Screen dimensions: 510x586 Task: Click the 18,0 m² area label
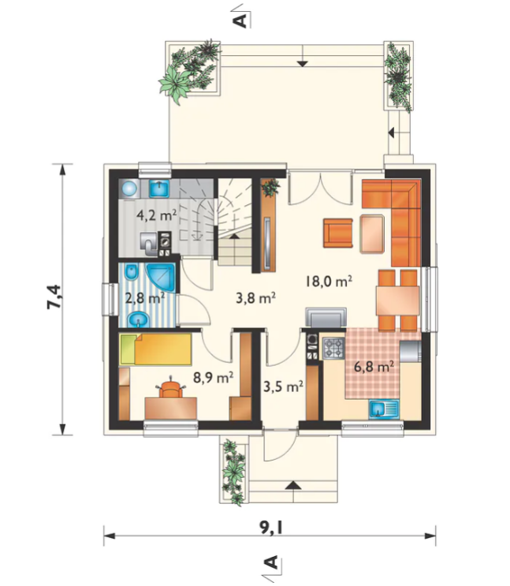(x=329, y=281)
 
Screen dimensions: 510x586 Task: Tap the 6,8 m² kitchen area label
(x=374, y=367)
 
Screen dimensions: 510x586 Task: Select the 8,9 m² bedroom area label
(x=214, y=378)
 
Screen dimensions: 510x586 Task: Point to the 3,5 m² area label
(x=283, y=386)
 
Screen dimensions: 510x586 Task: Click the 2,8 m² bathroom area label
(x=145, y=298)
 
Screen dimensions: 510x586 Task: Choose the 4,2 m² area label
(x=157, y=215)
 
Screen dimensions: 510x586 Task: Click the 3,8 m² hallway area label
(x=256, y=298)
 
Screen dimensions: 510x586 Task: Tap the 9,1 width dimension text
(x=271, y=528)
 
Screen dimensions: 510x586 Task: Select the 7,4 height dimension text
(x=54, y=297)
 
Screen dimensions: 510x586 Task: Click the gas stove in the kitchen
(x=333, y=349)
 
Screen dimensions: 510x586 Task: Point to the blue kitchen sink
(x=384, y=409)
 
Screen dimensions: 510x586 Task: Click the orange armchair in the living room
(x=338, y=233)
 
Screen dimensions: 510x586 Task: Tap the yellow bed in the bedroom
(x=156, y=349)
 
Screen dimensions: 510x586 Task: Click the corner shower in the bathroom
(x=161, y=277)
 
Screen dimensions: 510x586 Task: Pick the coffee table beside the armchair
(x=372, y=233)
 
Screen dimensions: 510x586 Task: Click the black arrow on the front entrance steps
(x=293, y=485)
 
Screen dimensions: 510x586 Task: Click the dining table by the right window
(x=398, y=300)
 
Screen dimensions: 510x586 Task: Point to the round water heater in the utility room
(x=130, y=188)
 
